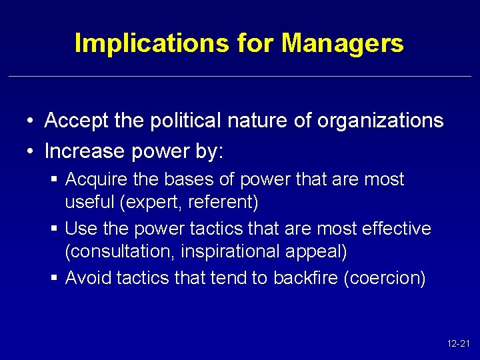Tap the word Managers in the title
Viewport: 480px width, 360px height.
[343, 43]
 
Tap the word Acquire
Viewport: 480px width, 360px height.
[93, 179]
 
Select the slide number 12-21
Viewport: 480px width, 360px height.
[459, 344]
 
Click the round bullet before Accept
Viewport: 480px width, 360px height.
[31, 121]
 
